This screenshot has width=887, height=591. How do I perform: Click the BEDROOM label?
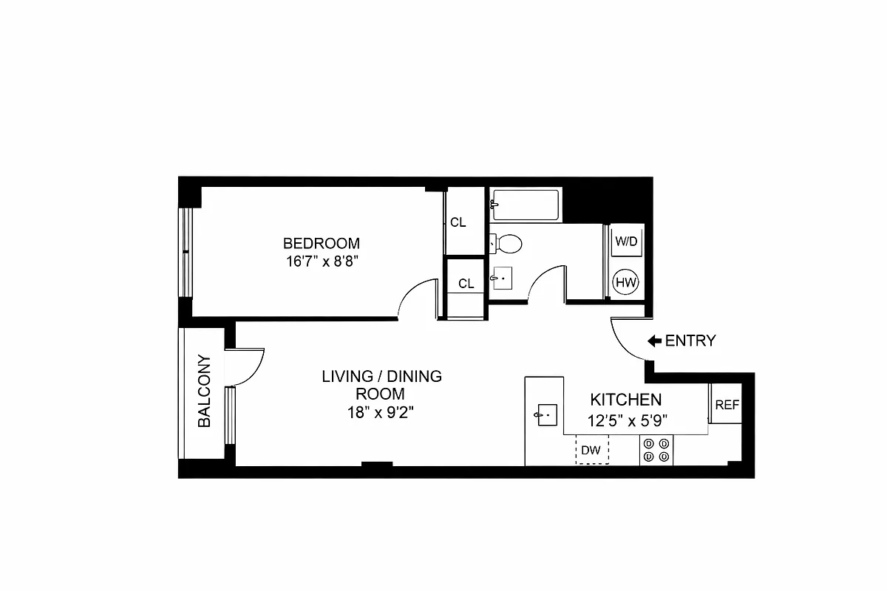point(322,243)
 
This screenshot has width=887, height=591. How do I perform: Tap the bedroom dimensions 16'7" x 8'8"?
point(322,261)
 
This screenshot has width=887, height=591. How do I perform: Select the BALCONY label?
point(205,392)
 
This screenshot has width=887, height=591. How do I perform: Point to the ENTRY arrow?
point(654,341)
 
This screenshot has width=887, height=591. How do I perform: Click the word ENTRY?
point(690,341)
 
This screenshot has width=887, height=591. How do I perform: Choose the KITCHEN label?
point(625,400)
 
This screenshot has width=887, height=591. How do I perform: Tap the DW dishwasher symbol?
point(592,449)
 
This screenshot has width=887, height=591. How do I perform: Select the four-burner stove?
point(656,450)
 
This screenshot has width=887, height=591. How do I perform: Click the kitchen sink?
point(548,414)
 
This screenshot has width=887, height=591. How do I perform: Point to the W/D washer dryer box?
point(626,241)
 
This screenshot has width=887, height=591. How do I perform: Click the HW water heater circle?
point(626,281)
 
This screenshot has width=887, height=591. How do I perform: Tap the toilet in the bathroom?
point(506,242)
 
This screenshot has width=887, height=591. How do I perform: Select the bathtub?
point(526,205)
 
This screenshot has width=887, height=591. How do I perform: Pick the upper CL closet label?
point(458,222)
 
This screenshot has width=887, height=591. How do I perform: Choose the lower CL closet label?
point(466,284)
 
